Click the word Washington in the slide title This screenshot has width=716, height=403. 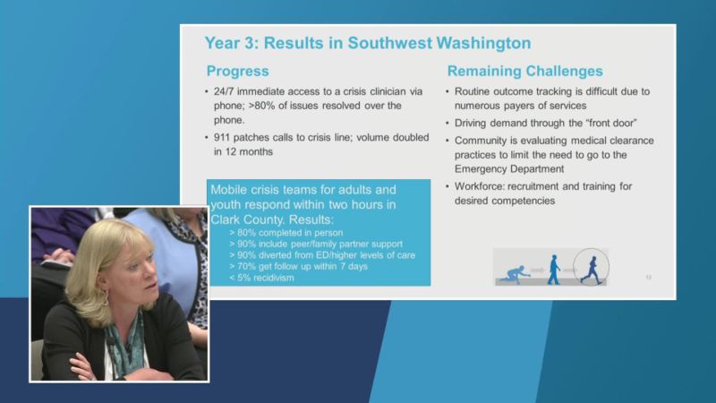[483, 43]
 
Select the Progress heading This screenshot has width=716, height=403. [237, 72]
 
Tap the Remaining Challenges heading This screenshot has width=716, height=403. [525, 72]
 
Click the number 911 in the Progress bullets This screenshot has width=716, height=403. [221, 138]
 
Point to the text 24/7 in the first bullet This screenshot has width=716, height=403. [224, 91]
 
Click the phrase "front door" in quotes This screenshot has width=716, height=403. [611, 123]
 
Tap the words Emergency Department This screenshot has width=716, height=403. [509, 169]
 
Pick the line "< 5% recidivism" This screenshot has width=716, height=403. [261, 278]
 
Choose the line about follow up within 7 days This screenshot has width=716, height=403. [298, 266]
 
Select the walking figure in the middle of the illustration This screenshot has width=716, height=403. [554, 270]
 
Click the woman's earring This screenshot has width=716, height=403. [106, 298]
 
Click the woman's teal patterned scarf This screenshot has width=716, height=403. [124, 345]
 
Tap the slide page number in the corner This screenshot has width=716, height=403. [648, 278]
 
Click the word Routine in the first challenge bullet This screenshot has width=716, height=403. [473, 91]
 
